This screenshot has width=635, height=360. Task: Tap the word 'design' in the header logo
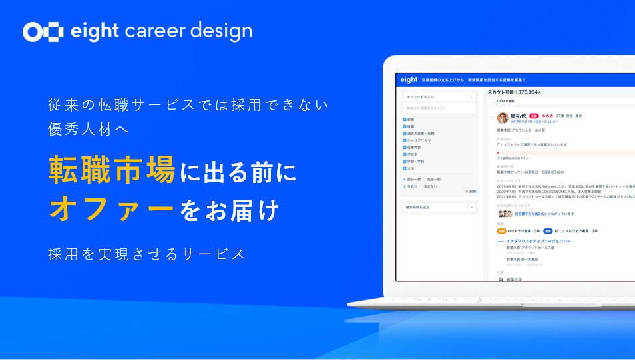220,31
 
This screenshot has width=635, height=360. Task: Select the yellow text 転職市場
112,170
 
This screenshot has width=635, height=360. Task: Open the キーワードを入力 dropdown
439,97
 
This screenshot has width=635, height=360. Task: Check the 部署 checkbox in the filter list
405,120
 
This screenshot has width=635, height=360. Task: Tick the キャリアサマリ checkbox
405,140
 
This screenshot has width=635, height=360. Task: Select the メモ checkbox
405,168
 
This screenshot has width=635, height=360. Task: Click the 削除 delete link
470,191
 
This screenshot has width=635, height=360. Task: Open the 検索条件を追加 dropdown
439,208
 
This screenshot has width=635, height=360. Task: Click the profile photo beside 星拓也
503,117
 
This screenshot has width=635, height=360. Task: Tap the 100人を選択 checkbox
492,102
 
